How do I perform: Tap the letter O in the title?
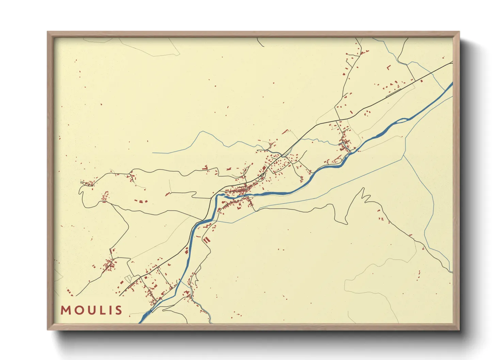pos(78,310)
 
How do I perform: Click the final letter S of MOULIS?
pos(118,310)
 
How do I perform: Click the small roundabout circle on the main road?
pos(262,175)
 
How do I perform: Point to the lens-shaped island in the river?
pos(402,120)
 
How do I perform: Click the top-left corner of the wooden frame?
pos(48,32)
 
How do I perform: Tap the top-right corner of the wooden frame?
pos(459,32)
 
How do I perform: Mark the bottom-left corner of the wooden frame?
pos(48,329)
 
